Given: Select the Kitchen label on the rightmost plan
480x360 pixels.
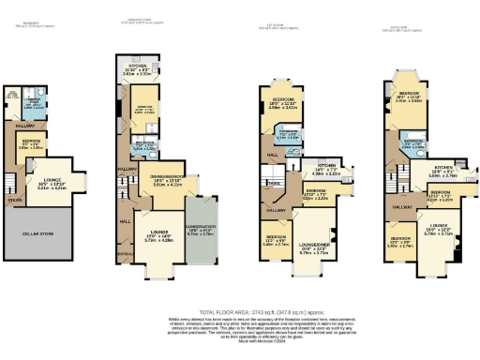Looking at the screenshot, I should click(x=444, y=170).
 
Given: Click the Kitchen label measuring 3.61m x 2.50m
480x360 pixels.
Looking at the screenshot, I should click(x=138, y=67).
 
